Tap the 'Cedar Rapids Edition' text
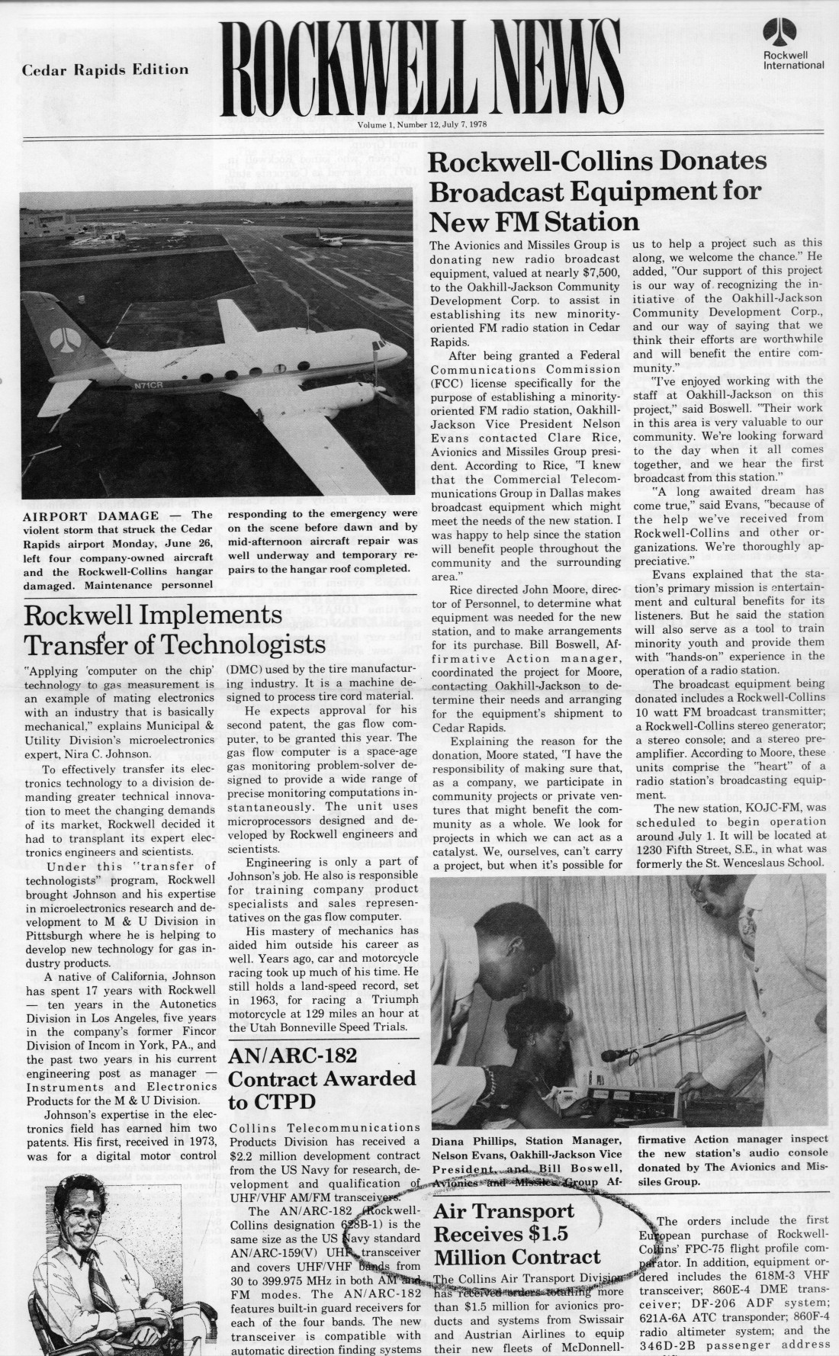coord(105,69)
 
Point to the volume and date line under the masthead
coord(423,124)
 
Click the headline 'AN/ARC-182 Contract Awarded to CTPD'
coord(322,1078)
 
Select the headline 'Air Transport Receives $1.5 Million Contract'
coord(517,1233)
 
